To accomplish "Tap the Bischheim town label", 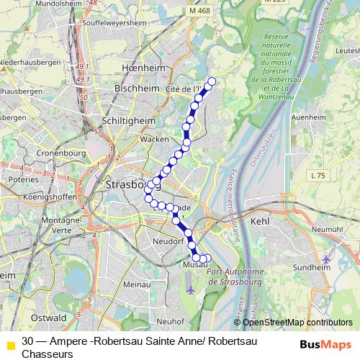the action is coord(132,88).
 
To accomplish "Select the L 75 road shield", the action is coord(318,175).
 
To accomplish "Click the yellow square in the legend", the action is coord(9,343).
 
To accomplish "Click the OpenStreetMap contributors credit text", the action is coord(297,323).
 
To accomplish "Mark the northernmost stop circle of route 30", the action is coord(212,81).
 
